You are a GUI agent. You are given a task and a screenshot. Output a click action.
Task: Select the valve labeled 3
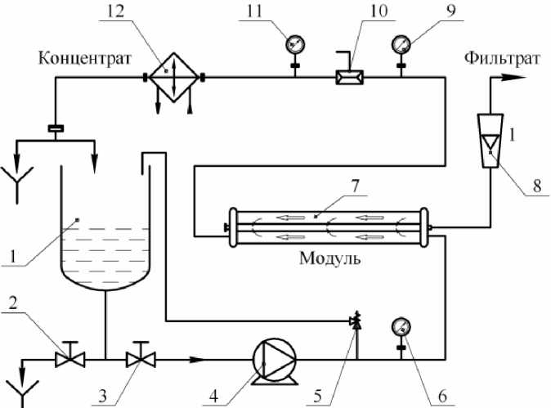coord(141,356)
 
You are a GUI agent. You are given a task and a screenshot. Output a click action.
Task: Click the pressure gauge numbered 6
coord(401,325)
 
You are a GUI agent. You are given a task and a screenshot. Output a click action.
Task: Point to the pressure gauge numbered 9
coord(401,43)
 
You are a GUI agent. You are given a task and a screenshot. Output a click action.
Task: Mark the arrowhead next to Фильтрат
coord(513,77)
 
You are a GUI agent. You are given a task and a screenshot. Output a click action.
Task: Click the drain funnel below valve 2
coord(17,389)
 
